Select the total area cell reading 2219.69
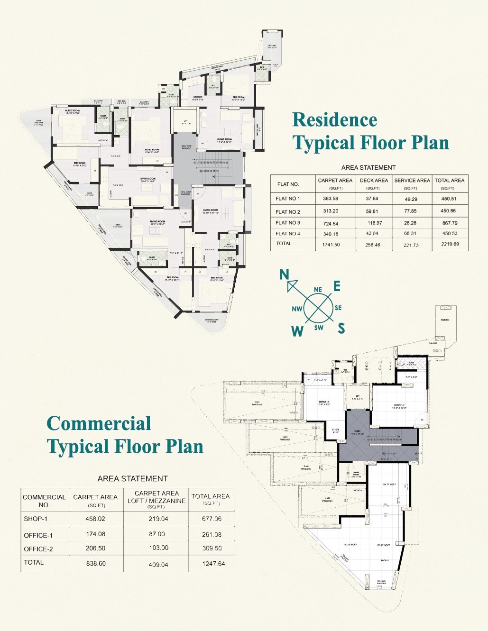[450, 244]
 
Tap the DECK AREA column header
[374, 181]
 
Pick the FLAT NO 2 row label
[288, 211]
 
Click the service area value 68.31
[411, 233]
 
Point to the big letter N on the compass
[284, 274]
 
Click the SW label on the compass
[319, 328]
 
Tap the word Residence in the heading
[334, 120]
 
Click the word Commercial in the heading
[99, 423]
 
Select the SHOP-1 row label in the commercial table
[36, 519]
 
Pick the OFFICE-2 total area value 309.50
[212, 548]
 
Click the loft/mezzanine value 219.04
[156, 519]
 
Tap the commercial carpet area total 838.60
[95, 563]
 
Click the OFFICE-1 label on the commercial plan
[324, 402]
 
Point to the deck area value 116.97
[375, 223]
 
